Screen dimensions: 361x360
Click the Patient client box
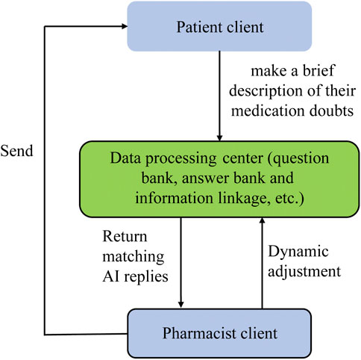click(219, 26)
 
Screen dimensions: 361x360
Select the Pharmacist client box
click(219, 333)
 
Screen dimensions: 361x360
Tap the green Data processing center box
click(219, 179)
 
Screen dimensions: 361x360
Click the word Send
click(16, 151)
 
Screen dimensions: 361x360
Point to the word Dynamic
click(298, 252)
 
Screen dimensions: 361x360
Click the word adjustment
click(304, 271)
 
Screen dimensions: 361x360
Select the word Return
click(125, 236)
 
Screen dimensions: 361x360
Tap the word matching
click(134, 256)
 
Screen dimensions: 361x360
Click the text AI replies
click(135, 276)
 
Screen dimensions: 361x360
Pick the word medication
click(269, 111)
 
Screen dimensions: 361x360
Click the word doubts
click(331, 111)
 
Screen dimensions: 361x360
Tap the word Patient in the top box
click(198, 27)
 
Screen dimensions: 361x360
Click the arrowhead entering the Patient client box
click(125, 26)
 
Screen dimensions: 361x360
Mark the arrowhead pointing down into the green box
click(219, 138)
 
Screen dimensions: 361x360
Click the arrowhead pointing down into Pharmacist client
click(181, 305)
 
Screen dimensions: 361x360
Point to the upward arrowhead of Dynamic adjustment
click(262, 221)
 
